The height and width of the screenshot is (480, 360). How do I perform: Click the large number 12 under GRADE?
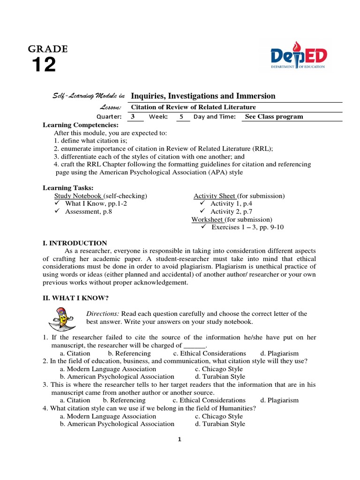coord(44,65)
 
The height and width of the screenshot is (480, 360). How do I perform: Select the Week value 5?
coord(181,117)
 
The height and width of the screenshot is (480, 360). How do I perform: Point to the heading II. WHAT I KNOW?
coord(75,298)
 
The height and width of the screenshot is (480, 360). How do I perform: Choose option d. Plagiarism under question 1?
coord(279,353)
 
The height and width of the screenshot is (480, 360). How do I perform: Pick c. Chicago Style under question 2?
coord(219,369)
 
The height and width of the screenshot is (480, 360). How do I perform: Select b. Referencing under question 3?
coord(124,400)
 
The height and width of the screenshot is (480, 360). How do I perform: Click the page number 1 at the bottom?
coord(179,439)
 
